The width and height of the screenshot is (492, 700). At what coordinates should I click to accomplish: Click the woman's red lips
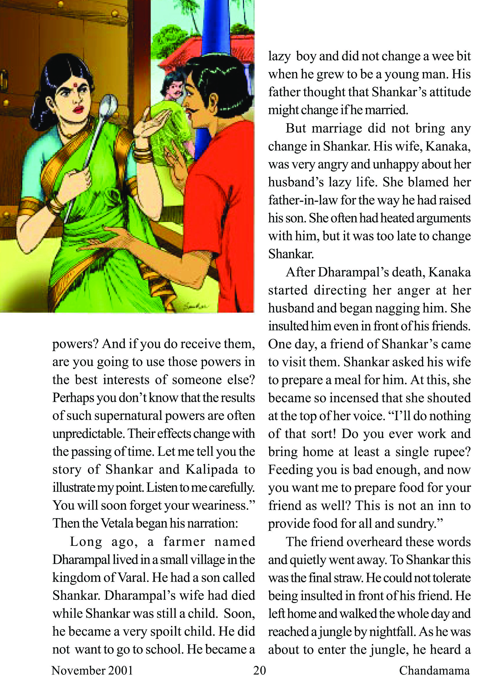click(78, 109)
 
